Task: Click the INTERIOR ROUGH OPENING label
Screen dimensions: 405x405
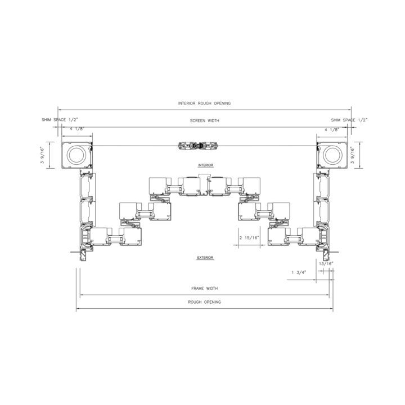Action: coord(204,103)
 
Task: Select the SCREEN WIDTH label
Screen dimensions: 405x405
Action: coord(205,120)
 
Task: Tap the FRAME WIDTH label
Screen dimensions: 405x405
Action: coord(205,288)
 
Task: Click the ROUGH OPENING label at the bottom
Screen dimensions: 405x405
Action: coord(205,302)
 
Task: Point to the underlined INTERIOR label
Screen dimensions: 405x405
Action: coord(206,165)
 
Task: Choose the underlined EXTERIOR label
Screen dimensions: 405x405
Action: coord(205,258)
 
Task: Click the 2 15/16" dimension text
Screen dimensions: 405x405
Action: coord(249,238)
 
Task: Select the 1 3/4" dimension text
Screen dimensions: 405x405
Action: coord(299,272)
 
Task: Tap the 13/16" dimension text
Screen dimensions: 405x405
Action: coord(326,264)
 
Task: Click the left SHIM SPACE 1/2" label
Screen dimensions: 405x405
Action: coord(60,120)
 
